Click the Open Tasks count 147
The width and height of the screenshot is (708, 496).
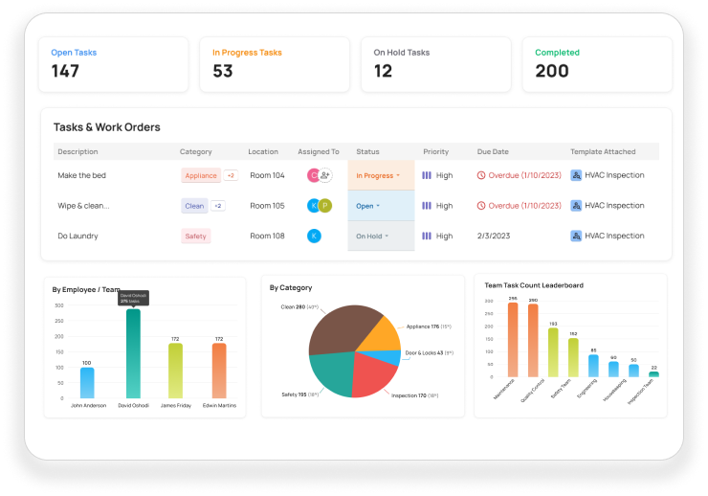(65, 71)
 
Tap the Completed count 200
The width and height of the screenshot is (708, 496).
(551, 71)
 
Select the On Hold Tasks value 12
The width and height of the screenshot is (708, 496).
(383, 71)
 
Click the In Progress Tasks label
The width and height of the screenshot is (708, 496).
(247, 53)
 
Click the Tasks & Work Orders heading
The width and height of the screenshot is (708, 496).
(106, 127)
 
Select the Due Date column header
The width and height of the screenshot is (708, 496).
(493, 151)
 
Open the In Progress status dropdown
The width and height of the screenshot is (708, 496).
(379, 176)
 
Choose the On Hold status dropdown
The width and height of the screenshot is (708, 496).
(372, 236)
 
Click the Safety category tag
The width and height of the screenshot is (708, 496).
(195, 236)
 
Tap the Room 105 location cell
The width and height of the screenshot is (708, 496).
(267, 206)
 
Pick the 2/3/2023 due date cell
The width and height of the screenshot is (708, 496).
(495, 236)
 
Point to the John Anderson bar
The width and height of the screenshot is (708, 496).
(86, 382)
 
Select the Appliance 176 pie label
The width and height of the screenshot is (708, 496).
(429, 327)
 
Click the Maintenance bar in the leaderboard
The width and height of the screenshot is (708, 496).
(513, 341)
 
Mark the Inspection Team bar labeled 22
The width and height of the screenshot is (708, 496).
(653, 374)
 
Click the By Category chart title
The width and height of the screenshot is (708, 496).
(291, 287)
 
